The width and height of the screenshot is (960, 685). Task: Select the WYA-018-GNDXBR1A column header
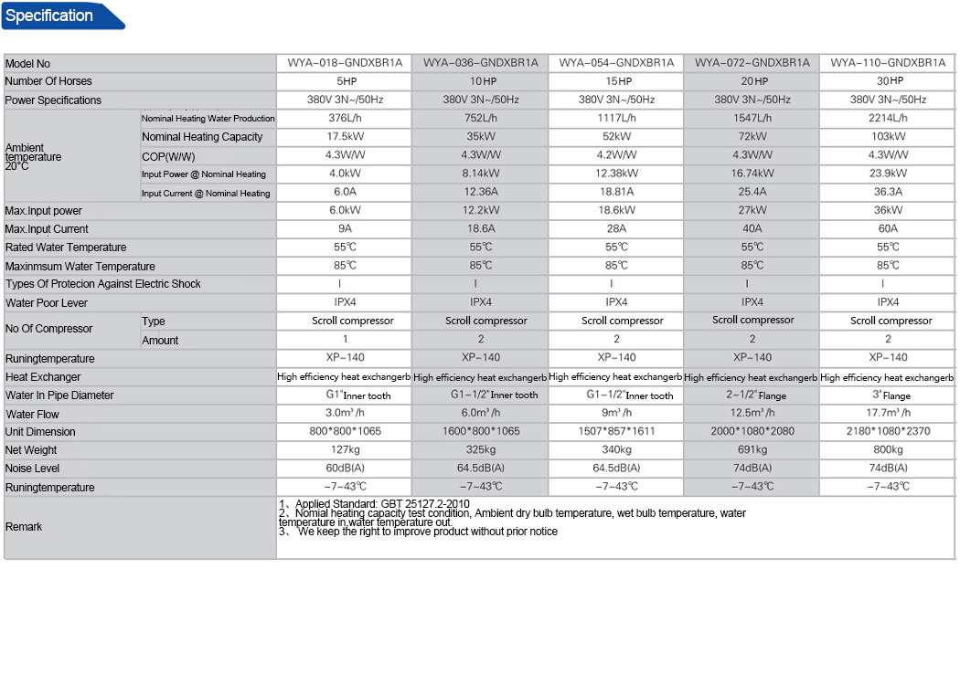[345, 63]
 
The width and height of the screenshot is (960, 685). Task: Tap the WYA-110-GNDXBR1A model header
[888, 63]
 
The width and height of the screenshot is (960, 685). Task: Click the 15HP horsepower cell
[616, 81]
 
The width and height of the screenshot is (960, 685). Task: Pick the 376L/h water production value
[345, 118]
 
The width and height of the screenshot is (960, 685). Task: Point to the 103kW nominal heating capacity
[888, 137]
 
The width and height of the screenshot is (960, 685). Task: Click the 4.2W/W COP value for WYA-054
[616, 155]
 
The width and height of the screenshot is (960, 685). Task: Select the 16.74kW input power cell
[752, 174]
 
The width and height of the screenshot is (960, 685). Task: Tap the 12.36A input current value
[481, 193]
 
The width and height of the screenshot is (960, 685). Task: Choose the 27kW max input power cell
[752, 211]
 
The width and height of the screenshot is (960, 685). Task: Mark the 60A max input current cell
[888, 229]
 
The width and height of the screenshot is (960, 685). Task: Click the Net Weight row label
[31, 450]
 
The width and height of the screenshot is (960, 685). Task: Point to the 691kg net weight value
[752, 450]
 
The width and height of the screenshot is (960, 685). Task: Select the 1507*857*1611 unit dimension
[616, 432]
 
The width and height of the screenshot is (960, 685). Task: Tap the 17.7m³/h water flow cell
[888, 414]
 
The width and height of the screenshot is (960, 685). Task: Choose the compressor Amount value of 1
[345, 340]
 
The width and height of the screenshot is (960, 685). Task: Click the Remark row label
[24, 527]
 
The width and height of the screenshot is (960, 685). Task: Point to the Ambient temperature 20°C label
[34, 157]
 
